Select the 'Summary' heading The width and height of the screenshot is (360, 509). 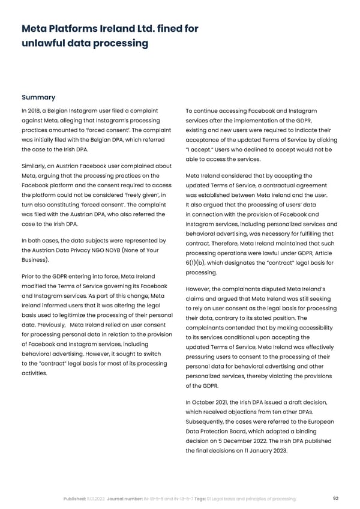point(38,97)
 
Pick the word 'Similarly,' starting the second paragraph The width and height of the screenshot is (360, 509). point(35,166)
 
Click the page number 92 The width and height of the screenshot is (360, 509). point(337,499)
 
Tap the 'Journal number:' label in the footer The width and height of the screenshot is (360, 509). point(124,499)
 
